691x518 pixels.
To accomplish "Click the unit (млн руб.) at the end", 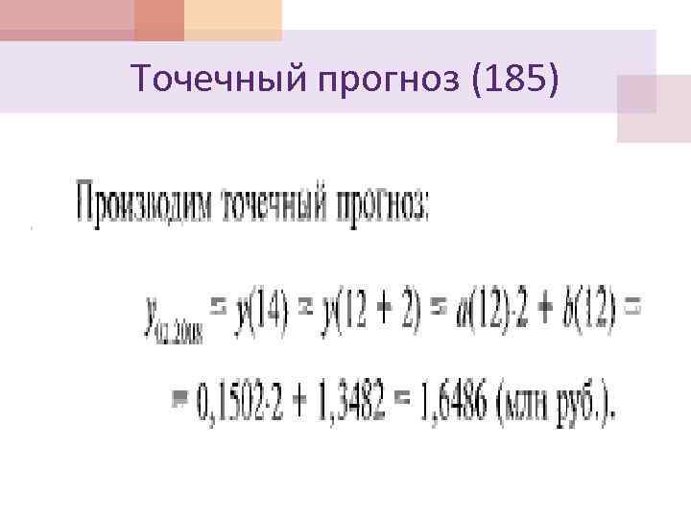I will tap(560, 403).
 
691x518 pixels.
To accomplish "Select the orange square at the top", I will tap(159, 18).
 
